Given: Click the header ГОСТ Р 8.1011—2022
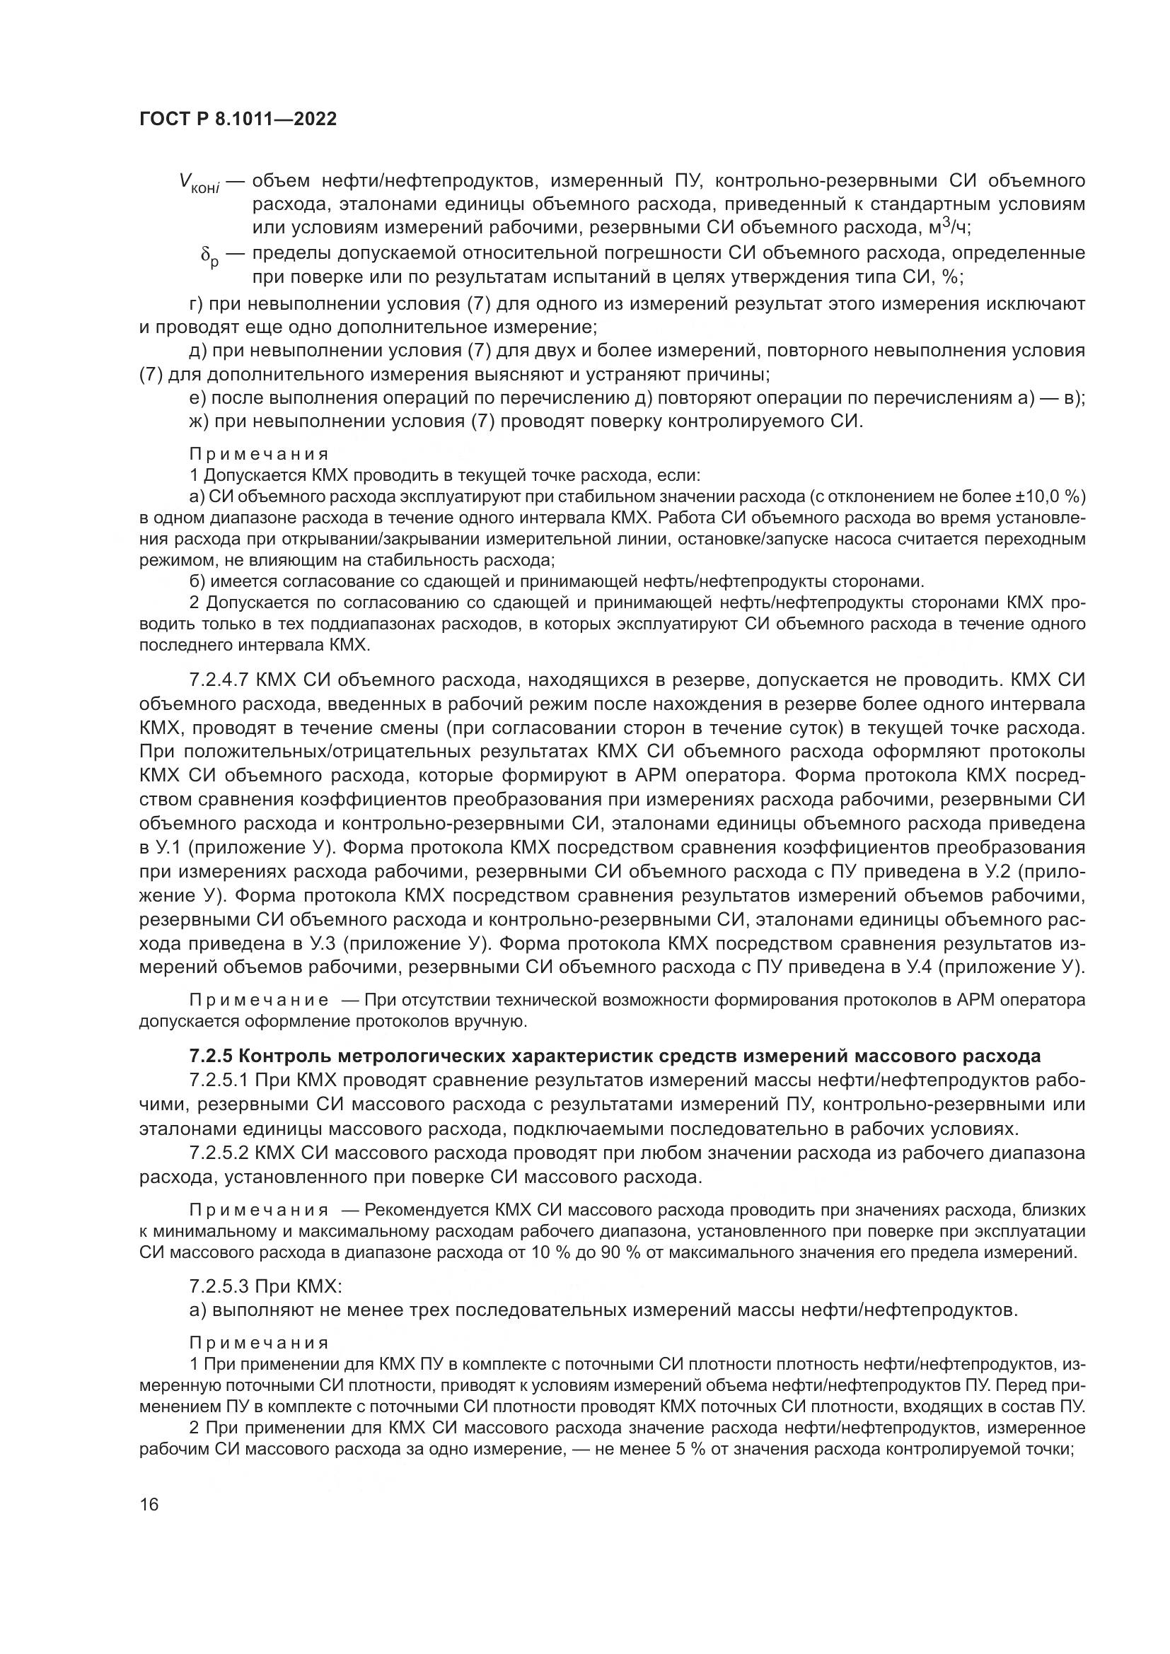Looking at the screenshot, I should [238, 119].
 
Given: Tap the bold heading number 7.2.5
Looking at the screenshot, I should [211, 1056].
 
